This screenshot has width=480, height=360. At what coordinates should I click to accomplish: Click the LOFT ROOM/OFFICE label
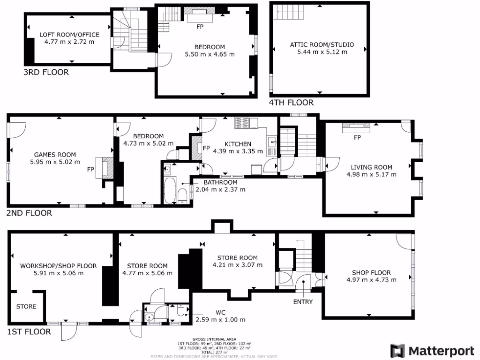(69, 35)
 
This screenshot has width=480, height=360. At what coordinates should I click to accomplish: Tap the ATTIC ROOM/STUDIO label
(322, 45)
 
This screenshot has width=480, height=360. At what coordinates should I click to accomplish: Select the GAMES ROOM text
(55, 155)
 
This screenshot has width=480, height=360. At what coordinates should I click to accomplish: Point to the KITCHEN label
(238, 144)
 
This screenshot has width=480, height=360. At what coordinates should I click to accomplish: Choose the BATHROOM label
(220, 182)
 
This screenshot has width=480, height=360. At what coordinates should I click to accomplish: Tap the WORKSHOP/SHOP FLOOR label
(58, 266)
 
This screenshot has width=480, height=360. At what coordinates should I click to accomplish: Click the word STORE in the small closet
(26, 307)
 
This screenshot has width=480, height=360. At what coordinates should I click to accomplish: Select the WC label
(221, 312)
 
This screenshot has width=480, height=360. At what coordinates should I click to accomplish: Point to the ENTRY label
(303, 301)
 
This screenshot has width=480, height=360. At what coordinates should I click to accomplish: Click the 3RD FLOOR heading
(46, 72)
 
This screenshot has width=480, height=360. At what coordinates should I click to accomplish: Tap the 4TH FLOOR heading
(291, 102)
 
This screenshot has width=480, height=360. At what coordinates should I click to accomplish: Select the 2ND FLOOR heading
(29, 213)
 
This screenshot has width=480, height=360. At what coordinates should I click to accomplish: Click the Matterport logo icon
(398, 351)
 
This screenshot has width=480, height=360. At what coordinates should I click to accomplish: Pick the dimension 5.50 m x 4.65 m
(210, 54)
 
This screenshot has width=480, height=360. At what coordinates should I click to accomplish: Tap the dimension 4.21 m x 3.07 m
(237, 265)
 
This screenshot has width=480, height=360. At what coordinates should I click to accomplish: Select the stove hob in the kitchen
(242, 123)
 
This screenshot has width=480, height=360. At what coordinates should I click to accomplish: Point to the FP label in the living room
(357, 137)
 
